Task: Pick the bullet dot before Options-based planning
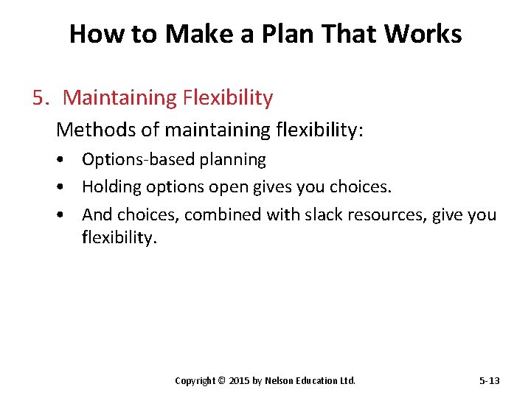click(x=66, y=160)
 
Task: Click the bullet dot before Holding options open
click(x=66, y=187)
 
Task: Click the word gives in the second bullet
click(x=272, y=187)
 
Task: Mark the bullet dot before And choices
click(x=66, y=215)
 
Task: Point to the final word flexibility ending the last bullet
click(x=119, y=239)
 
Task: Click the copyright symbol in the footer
click(x=222, y=381)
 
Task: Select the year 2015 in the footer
click(x=240, y=381)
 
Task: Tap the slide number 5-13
click(x=489, y=381)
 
